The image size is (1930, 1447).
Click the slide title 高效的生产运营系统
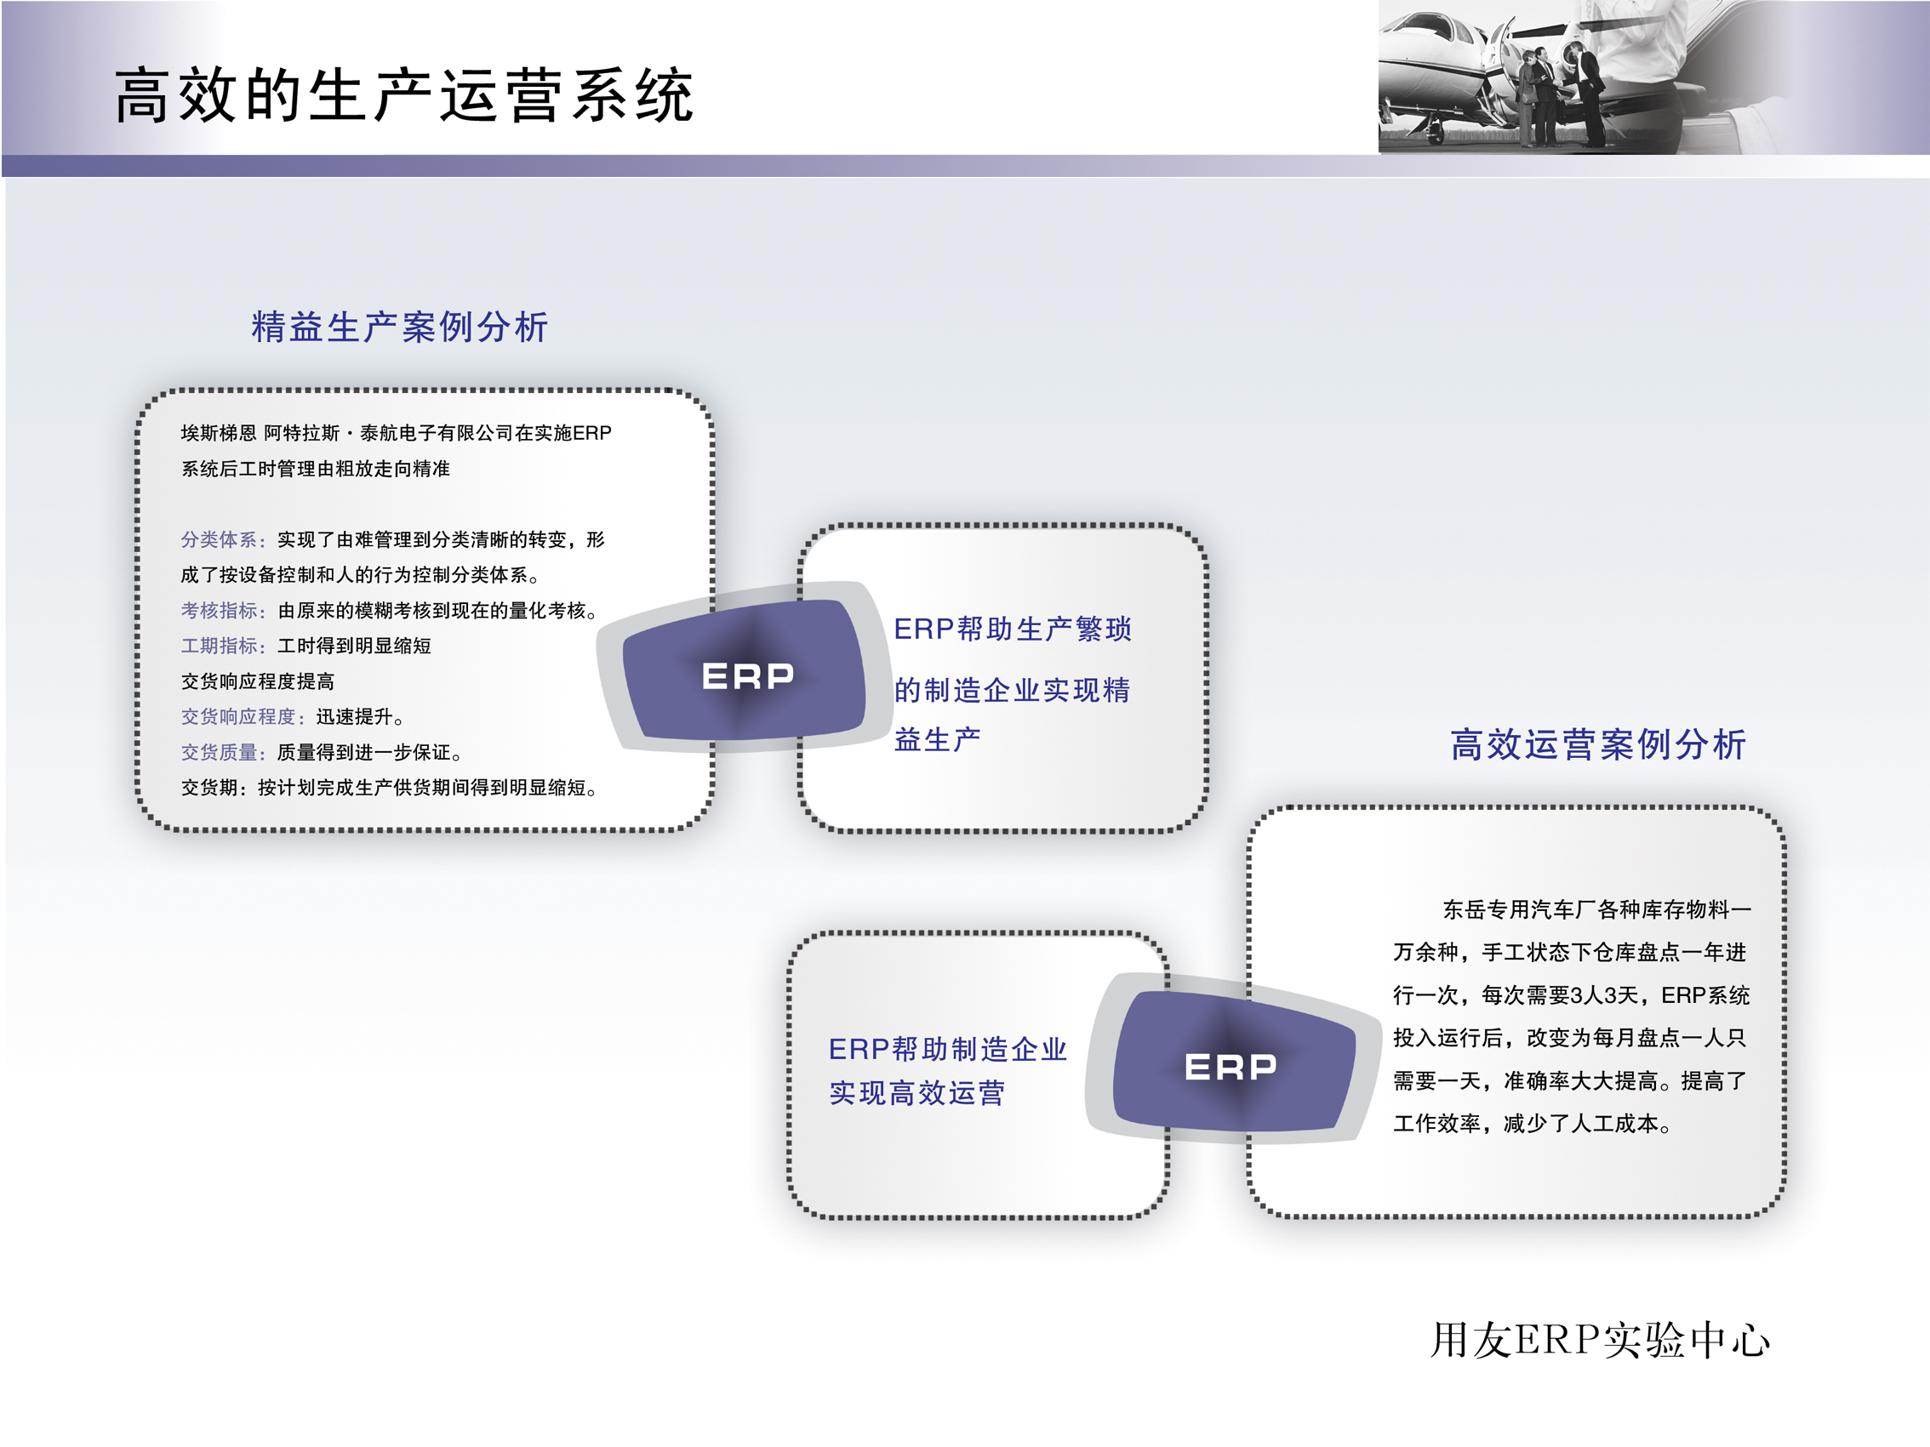coord(403,95)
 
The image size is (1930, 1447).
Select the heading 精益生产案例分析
coord(400,327)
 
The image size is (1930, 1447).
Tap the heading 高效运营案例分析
coord(1597,744)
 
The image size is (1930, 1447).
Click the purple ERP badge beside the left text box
coord(747,675)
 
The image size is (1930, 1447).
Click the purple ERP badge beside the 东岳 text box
coord(1231,1065)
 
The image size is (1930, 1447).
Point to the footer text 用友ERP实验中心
coord(1599,1340)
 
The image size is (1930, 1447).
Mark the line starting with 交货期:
coord(389,788)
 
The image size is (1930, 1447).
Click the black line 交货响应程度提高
coord(257,681)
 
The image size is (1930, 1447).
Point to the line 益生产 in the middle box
coord(937,739)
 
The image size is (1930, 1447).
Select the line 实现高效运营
coord(917,1092)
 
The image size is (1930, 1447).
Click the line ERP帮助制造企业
coord(947,1048)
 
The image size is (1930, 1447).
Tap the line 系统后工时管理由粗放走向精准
coord(315,470)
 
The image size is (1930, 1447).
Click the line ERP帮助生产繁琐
coord(1012,629)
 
